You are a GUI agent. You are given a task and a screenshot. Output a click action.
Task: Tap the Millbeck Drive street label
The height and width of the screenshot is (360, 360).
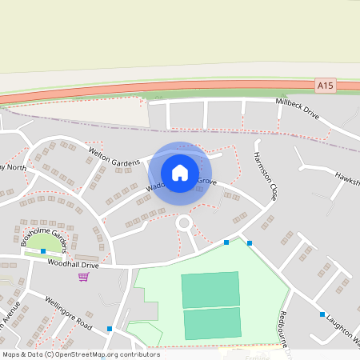coord(297,108)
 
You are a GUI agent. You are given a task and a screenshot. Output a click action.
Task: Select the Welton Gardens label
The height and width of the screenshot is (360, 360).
coord(114,156)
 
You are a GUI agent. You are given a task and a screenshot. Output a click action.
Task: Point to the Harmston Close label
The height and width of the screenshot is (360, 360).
coord(266,175)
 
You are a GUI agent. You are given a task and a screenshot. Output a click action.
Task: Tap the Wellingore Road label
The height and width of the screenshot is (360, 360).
coord(69,314)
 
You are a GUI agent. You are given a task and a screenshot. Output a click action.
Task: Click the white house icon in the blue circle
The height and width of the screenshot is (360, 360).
coord(180,172)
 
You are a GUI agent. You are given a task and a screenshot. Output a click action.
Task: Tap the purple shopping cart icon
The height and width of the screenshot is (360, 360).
coord(83,277)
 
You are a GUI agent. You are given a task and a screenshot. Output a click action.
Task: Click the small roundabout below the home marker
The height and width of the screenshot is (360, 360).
coord(185,223)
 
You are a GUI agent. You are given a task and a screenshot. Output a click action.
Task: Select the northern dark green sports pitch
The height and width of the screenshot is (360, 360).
coord(210,290)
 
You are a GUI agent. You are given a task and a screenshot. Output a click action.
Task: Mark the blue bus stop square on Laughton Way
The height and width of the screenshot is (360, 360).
coord(322,314)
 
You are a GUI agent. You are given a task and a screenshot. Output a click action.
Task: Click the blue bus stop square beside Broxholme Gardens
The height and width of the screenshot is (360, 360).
coord(42,251)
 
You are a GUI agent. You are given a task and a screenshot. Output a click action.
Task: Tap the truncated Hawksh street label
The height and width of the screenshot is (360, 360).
coord(347,177)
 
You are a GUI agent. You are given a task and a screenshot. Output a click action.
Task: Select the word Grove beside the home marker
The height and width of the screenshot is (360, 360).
coord(207,182)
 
